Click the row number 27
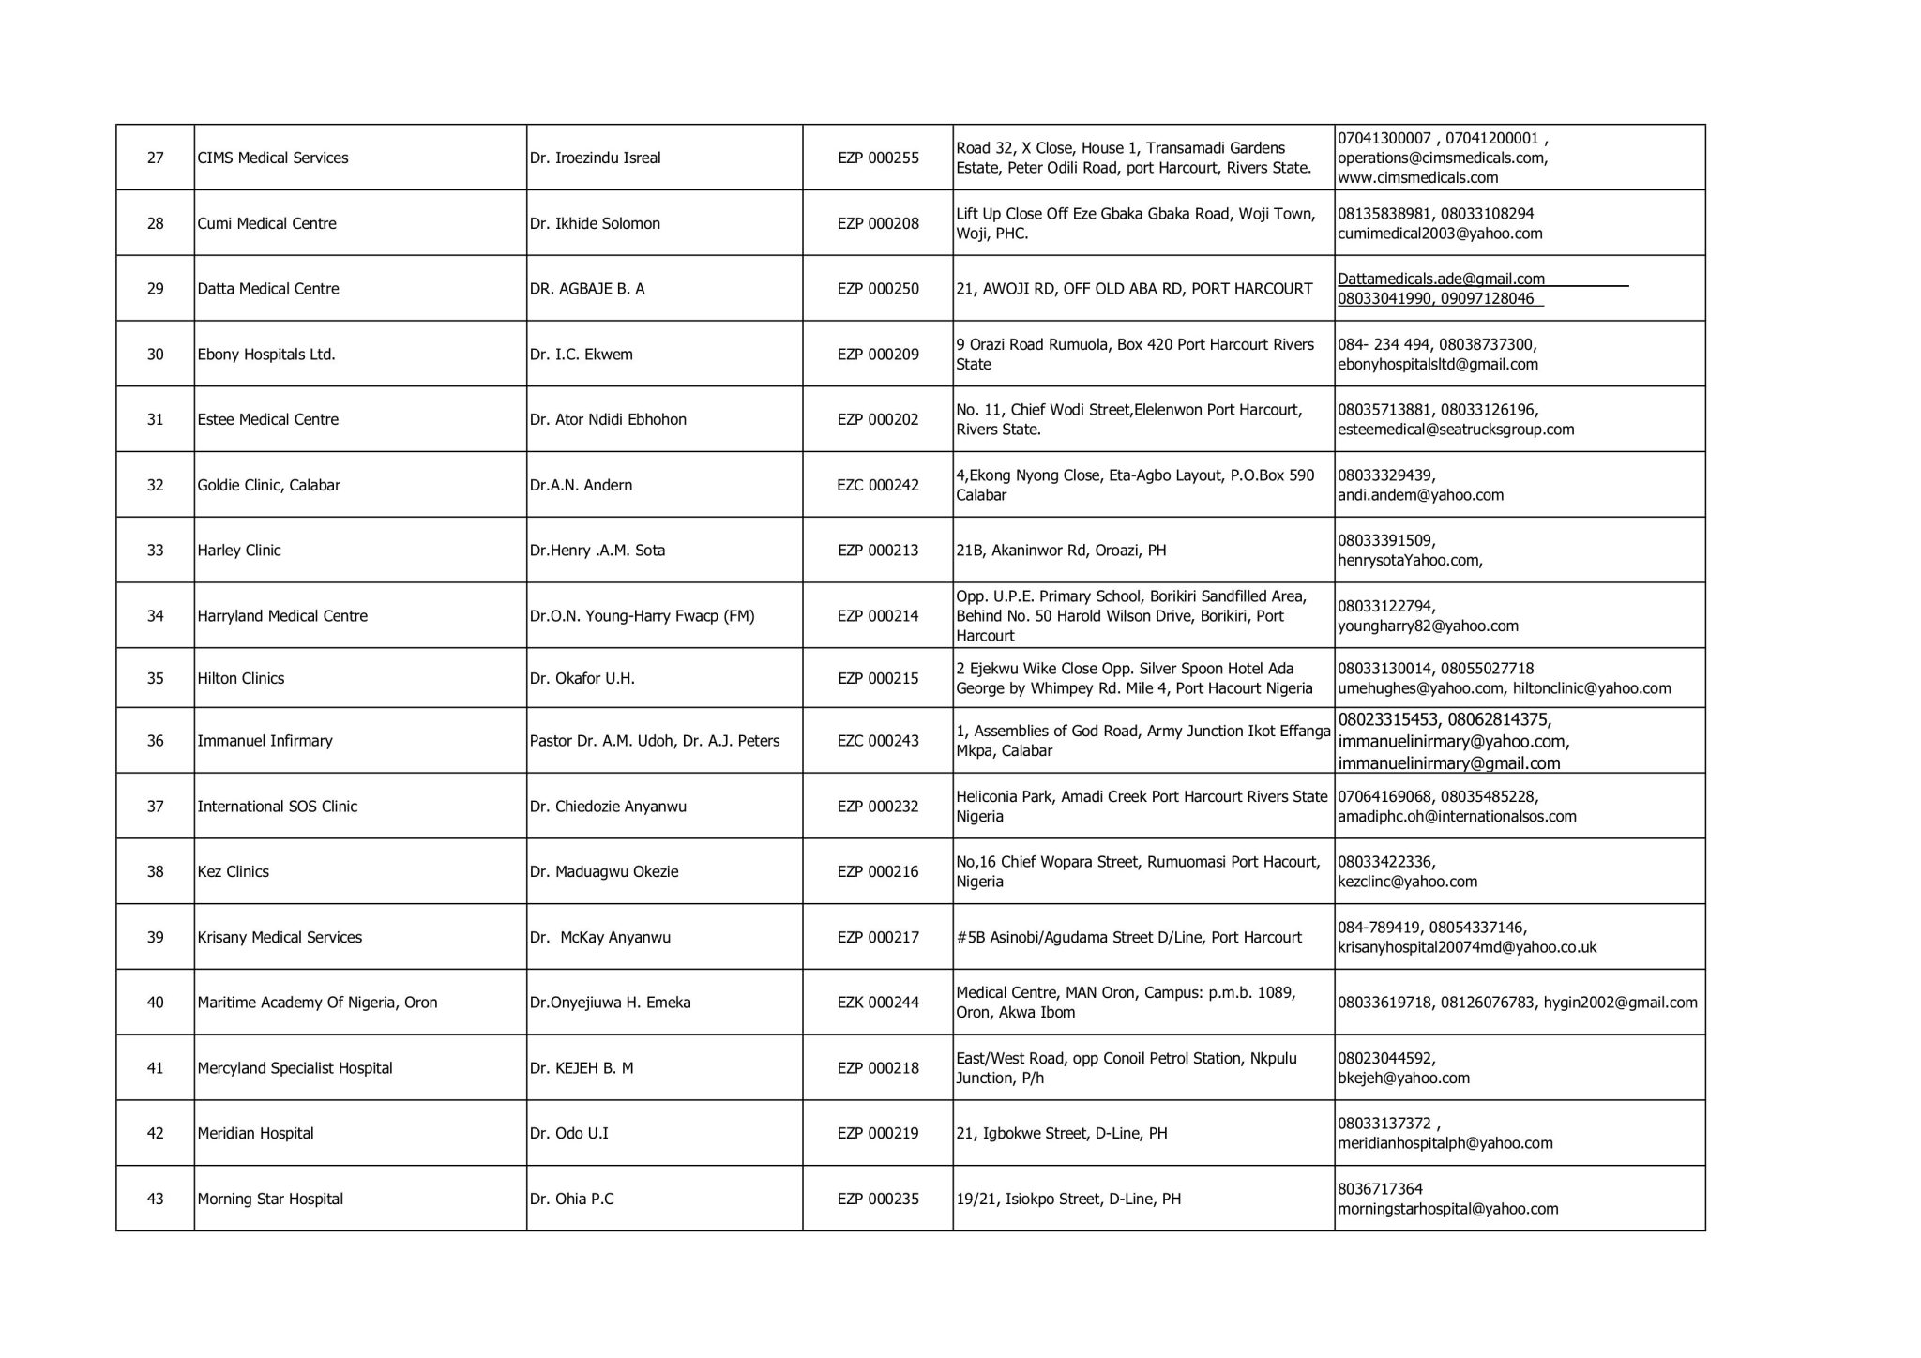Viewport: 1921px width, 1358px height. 156,158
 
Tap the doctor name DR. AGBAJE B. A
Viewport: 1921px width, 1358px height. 587,289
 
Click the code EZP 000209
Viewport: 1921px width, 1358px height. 878,355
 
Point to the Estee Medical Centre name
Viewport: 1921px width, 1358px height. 267,419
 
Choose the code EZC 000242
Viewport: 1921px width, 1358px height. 878,485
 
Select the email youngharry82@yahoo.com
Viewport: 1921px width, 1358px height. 1428,626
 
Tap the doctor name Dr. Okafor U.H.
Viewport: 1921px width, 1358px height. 582,678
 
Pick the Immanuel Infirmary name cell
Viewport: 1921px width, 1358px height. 265,741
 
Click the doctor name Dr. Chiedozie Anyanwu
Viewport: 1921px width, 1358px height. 608,807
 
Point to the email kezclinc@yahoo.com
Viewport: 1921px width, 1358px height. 1407,882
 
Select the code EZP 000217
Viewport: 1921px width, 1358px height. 878,937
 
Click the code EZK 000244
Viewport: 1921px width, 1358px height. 878,1003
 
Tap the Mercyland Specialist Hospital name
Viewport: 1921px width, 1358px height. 295,1068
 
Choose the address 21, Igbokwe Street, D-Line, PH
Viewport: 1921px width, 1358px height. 1062,1134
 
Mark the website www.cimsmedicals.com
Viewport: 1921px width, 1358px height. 1417,177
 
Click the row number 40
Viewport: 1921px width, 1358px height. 156,1003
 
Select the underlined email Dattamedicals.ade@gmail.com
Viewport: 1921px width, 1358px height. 1441,279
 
